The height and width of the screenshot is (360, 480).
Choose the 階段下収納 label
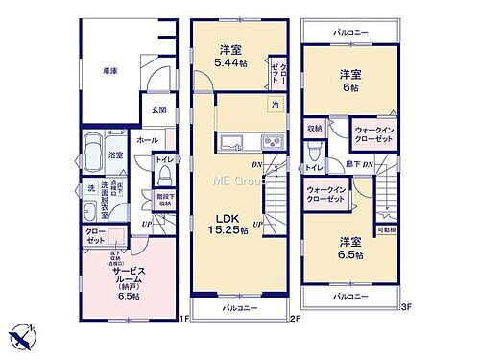pos(164,201)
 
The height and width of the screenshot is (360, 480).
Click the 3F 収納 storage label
pos(315,128)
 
